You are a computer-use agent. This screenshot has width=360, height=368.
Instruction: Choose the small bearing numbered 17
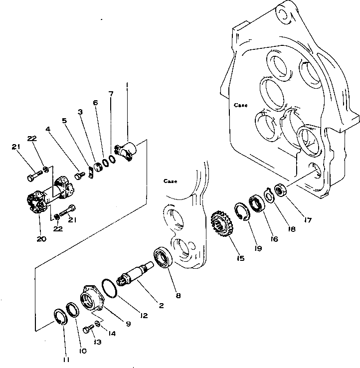tap(279, 190)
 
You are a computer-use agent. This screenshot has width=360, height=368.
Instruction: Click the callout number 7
tap(111, 94)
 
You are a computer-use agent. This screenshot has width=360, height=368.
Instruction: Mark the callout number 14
tap(111, 335)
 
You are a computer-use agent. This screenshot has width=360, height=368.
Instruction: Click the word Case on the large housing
tap(241, 106)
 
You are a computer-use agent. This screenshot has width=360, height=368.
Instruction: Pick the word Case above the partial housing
tap(171, 182)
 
